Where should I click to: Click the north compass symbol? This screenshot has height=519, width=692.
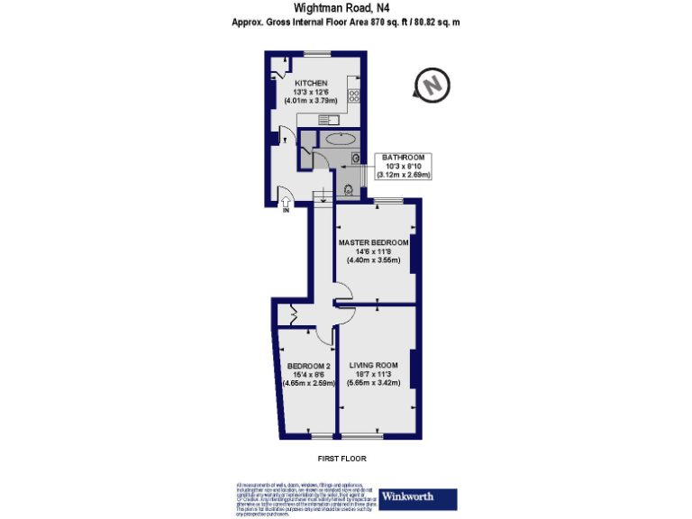click(431, 85)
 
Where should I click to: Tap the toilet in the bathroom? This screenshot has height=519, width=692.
click(348, 189)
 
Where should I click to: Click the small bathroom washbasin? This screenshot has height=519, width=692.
click(358, 159)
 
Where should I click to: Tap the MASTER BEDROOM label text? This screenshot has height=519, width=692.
click(374, 242)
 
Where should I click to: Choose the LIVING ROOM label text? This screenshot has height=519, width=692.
click(374, 365)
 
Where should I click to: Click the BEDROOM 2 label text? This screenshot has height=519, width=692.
click(309, 366)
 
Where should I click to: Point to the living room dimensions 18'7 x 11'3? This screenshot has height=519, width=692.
click(374, 374)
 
